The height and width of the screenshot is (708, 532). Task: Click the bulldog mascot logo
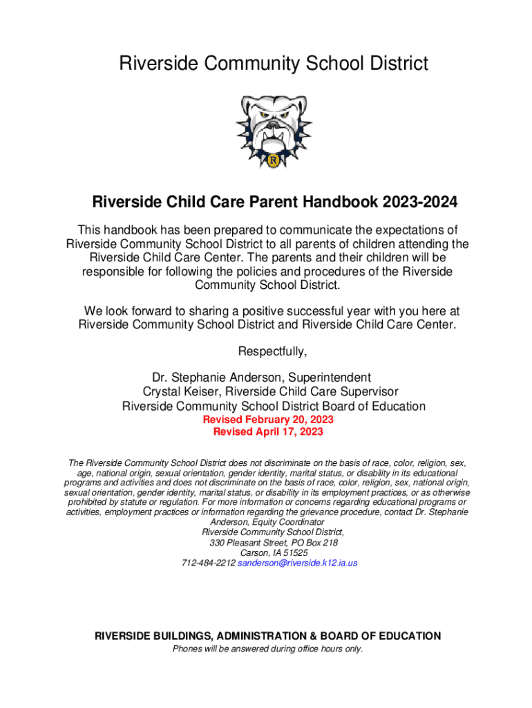[274, 131]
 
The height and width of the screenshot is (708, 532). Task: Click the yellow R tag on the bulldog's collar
[274, 161]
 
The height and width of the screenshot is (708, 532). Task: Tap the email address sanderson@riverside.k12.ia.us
[297, 563]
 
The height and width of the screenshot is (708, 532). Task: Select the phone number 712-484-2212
[208, 563]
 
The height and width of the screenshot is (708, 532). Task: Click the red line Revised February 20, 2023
[268, 420]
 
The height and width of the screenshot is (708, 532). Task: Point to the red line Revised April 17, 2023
[268, 432]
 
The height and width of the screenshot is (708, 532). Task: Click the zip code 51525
[296, 553]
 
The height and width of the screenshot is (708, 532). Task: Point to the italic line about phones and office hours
[267, 649]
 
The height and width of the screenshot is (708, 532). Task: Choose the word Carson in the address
[253, 553]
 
